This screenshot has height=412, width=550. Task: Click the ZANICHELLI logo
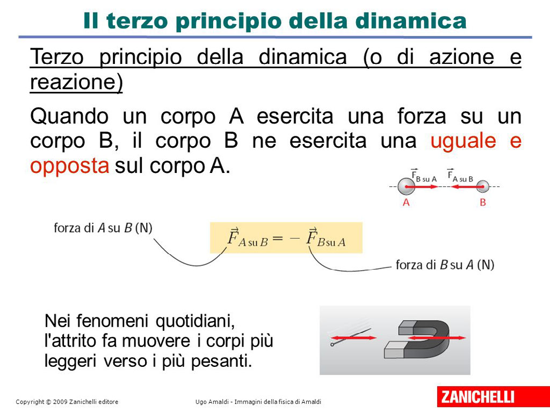click(x=493, y=396)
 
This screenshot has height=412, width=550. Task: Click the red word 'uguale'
click(x=463, y=141)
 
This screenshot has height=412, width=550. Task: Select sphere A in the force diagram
click(x=406, y=186)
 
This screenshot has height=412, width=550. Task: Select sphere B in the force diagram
click(x=483, y=186)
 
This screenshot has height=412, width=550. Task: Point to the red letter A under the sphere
click(x=406, y=203)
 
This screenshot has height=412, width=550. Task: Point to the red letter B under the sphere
click(x=483, y=203)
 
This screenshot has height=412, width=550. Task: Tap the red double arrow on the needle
click(x=353, y=338)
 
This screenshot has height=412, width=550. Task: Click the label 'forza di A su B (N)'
click(x=103, y=228)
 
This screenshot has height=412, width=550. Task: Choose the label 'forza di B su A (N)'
click(x=445, y=265)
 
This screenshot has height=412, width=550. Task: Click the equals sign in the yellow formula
click(x=277, y=238)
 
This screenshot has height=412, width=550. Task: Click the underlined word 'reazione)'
click(x=76, y=82)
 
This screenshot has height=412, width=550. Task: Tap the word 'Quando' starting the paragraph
click(x=69, y=117)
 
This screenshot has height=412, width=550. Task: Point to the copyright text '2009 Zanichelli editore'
click(x=85, y=402)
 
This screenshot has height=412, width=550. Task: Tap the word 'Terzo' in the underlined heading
click(x=57, y=57)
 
